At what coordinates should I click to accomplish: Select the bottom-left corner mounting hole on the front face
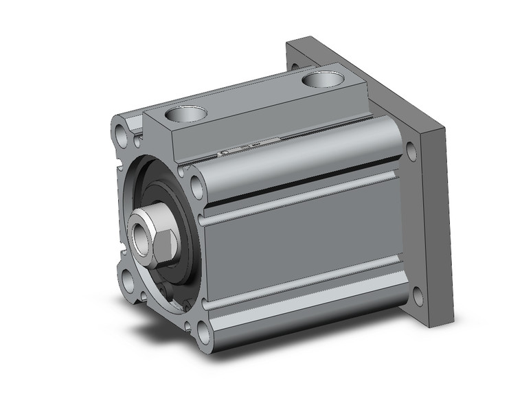point(128,278)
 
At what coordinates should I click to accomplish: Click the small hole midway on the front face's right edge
point(202,220)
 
